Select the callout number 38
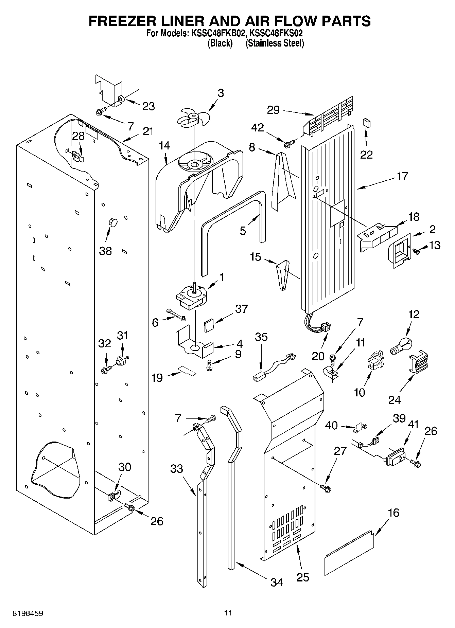(105, 251)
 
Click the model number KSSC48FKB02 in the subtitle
(218, 34)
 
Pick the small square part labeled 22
(366, 123)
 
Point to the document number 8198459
(28, 613)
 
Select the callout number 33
(177, 469)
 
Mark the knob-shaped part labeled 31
(121, 361)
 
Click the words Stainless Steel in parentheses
(275, 43)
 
